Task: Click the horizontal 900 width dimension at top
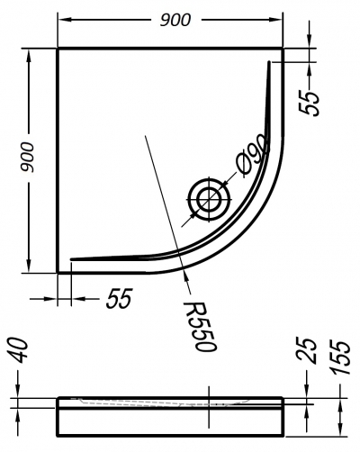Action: pos(175,20)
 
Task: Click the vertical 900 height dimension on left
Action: pos(28,158)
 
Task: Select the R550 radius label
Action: pos(200,326)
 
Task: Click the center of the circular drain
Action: pos(209,200)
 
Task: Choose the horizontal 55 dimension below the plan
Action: pos(119,299)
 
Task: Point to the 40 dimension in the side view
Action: pos(20,350)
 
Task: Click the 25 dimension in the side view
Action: pos(307,351)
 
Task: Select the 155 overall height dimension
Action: pos(340,357)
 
